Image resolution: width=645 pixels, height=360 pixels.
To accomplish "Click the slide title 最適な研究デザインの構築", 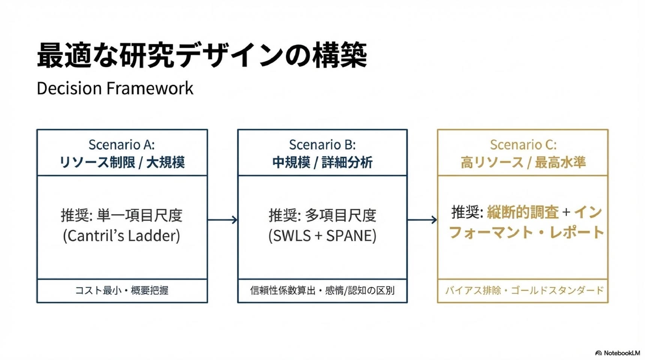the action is pos(202,55).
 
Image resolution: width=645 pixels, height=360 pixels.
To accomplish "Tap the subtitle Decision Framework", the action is pos(115,88).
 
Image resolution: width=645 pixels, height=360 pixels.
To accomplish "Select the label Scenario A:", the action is pos(121,144).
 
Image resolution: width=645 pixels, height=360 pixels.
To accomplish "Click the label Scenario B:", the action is pos(322,144).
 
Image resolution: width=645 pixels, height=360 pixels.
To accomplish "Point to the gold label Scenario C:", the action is pos(523,144).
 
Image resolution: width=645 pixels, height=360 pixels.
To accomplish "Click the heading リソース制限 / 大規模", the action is pos(122,162).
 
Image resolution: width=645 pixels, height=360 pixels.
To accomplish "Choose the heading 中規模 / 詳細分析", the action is pos(322,162).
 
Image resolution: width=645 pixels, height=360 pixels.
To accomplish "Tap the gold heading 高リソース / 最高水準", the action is pos(523,162).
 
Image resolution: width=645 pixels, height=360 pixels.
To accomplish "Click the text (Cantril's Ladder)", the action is pos(121,235).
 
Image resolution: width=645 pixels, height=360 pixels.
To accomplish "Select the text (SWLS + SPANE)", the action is pos(322,235).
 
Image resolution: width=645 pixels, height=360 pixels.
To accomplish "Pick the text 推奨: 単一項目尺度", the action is pos(121,215).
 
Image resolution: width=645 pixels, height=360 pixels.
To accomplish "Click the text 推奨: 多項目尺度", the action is pos(322,215).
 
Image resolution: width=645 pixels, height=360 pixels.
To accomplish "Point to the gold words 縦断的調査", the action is pos(523,212).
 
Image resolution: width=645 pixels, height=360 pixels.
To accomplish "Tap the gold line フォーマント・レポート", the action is pos(526,232).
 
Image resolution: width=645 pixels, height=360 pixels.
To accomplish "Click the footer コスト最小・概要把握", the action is pos(121,290).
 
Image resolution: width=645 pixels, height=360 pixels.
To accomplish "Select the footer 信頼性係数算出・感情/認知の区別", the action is pos(322,290).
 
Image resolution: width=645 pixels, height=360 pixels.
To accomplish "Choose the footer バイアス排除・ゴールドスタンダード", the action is pos(524,290).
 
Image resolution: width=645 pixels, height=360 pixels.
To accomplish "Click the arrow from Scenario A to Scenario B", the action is pos(222,220).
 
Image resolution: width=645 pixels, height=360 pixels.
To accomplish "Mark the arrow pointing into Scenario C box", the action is pos(422,220).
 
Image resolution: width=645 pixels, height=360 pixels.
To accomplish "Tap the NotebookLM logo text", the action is pos(621,353).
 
